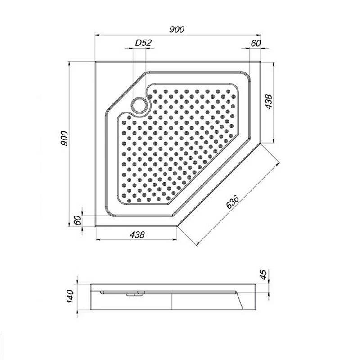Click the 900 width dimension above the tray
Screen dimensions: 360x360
click(177, 30)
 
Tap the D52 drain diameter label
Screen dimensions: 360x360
click(144, 44)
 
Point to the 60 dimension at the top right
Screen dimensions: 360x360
click(256, 43)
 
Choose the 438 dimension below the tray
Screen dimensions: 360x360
click(137, 234)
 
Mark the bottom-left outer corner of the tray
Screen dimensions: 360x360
click(96, 226)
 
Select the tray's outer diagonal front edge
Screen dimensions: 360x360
click(219, 185)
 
